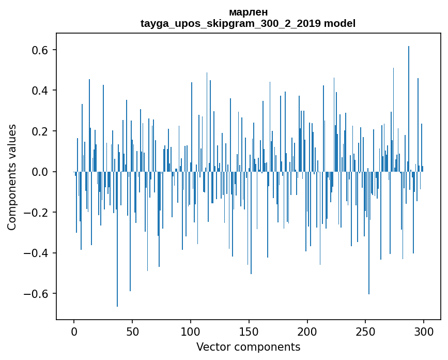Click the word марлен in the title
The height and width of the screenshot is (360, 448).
(x=248, y=12)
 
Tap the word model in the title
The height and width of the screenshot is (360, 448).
(x=340, y=23)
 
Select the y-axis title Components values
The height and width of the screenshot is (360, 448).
(x=12, y=177)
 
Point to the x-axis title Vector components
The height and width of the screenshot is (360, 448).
(x=248, y=347)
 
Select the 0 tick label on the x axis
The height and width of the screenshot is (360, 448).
(x=74, y=331)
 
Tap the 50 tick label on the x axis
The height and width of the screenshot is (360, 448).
(x=132, y=331)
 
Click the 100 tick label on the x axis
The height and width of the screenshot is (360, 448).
(x=191, y=331)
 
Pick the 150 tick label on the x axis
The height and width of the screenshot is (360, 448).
(x=249, y=331)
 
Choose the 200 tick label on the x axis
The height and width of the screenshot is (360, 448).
(x=307, y=331)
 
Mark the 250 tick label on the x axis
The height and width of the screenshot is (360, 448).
(x=366, y=331)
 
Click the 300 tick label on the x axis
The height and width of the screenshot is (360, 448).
(x=424, y=331)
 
